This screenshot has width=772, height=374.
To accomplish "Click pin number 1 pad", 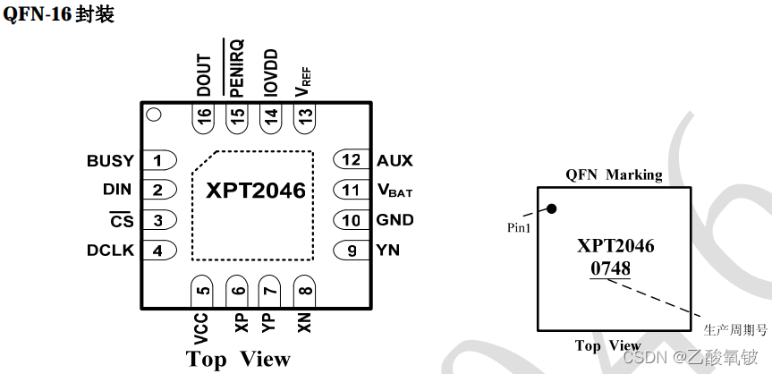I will point(158,161).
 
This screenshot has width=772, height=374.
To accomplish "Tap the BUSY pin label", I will point(110,161).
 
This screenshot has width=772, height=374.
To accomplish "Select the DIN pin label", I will point(117,190).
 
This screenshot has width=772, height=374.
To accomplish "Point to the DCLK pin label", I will point(110,251).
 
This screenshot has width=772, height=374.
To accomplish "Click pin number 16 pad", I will point(205,117).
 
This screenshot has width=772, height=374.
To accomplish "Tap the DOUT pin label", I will point(204,75).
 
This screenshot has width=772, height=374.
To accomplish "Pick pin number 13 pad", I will point(305,117).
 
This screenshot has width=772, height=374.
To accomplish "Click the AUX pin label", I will point(394,160).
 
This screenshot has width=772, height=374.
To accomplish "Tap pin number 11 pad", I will point(350,190).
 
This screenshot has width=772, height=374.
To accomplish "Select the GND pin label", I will point(394,220).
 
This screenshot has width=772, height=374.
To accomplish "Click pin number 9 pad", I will point(350,251).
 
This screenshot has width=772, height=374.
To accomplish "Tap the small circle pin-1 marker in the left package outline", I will point(153,115).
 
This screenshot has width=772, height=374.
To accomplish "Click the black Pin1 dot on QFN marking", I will point(552,209).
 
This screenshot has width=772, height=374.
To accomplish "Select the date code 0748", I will point(609,268).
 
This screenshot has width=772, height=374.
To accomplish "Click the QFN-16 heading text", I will point(59,15).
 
